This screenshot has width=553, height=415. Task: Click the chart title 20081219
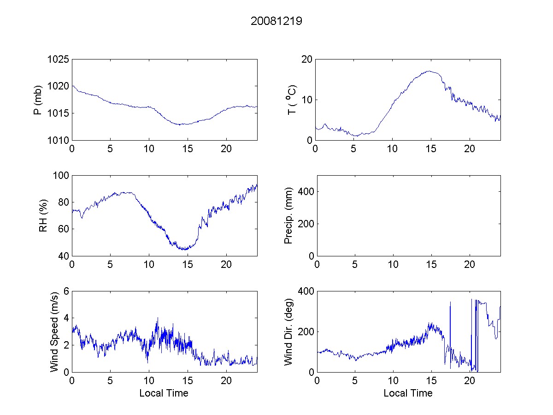[x=276, y=21]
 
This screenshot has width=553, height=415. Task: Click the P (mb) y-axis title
[x=38, y=100]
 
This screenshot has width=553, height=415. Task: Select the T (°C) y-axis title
[x=292, y=100]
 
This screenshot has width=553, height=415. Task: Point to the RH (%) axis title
[x=43, y=216]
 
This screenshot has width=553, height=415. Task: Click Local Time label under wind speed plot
[x=164, y=393]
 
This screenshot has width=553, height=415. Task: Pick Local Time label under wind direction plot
[x=408, y=393]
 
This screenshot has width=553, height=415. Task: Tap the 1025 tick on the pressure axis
[x=59, y=59]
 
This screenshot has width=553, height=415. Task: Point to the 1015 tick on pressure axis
[x=59, y=113]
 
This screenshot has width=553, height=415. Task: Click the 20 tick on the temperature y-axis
[x=306, y=59]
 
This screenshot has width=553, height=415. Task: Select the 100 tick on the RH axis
[x=61, y=176]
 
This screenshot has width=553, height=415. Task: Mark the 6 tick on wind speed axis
[x=66, y=291]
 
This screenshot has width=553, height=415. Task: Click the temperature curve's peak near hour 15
[x=429, y=71]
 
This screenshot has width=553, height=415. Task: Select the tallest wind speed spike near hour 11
[x=158, y=318]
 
